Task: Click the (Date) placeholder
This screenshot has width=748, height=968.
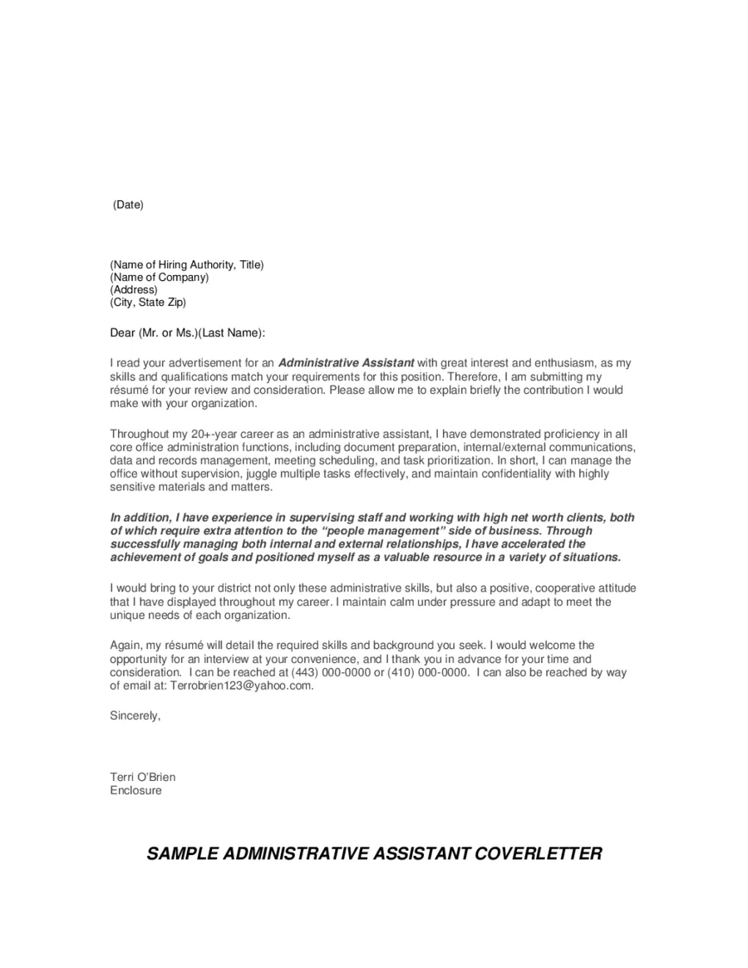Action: click(x=128, y=204)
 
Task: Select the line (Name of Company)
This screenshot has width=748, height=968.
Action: click(x=160, y=278)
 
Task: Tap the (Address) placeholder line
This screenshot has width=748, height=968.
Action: click(x=134, y=290)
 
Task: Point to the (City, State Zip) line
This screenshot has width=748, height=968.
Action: click(x=148, y=302)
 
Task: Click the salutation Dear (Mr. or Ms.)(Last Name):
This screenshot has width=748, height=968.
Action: click(x=188, y=332)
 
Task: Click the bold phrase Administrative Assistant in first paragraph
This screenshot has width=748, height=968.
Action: click(x=346, y=363)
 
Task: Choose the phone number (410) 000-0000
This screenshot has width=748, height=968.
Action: click(x=427, y=672)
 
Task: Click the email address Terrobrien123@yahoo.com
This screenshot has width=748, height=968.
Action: click(x=241, y=685)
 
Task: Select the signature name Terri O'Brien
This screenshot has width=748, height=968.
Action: click(x=143, y=777)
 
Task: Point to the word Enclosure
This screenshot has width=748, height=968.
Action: click(x=136, y=790)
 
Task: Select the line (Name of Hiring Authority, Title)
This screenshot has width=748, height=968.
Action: click(x=187, y=265)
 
